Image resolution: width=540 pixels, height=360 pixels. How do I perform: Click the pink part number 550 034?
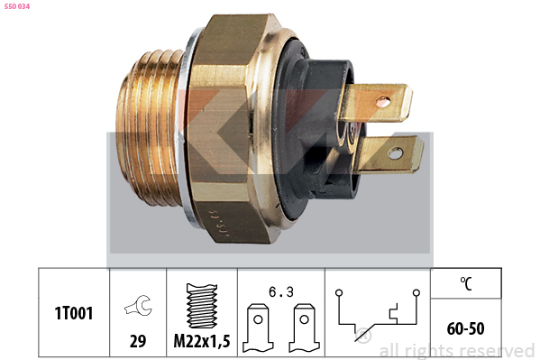click(17, 6)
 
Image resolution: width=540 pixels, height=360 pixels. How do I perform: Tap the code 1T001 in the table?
click(74, 313)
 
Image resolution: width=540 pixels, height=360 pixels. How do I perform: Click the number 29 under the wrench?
click(138, 341)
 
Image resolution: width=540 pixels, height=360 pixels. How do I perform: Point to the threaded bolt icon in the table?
click(202, 306)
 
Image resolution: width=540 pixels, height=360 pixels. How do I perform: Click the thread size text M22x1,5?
click(202, 341)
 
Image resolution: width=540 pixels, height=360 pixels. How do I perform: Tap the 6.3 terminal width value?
click(281, 292)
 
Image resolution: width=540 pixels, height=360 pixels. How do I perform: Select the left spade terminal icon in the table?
click(258, 328)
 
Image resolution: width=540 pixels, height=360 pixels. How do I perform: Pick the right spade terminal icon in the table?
click(304, 328)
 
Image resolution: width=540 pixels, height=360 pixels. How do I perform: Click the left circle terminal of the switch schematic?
click(339, 292)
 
